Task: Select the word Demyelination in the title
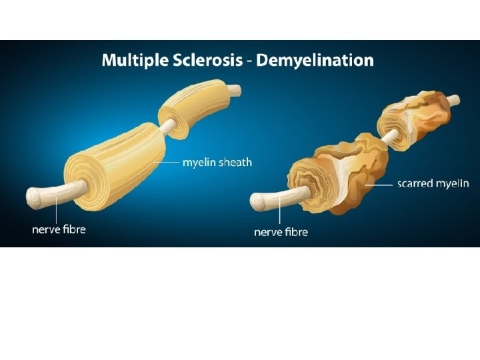(315, 61)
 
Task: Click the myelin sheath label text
(217, 162)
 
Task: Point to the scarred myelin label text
(433, 183)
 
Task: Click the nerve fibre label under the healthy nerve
(59, 229)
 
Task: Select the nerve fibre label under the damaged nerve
(281, 232)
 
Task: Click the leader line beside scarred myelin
(386, 183)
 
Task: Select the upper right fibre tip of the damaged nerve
(454, 100)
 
